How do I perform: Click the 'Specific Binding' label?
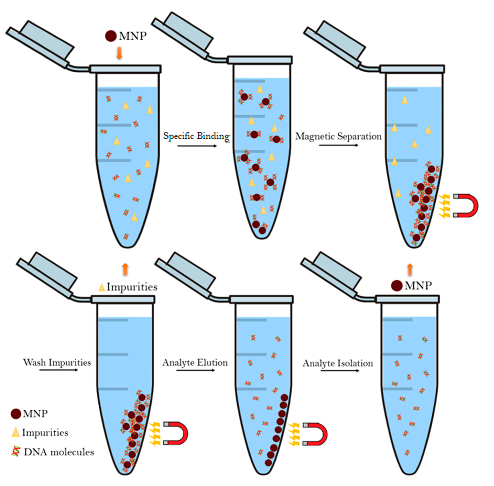[x=196, y=136]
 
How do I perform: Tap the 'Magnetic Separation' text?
[x=338, y=136]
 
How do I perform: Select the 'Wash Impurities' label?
[x=57, y=363]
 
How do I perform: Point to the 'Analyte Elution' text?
[x=195, y=363]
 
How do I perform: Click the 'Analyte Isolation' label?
[x=338, y=363]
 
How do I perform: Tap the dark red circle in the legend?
[x=16, y=414]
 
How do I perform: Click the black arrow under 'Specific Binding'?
[x=197, y=146]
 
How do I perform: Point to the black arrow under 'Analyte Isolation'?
[x=340, y=370]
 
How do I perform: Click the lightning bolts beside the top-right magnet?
[x=444, y=206]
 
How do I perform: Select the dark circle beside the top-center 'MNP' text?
[x=111, y=36]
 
